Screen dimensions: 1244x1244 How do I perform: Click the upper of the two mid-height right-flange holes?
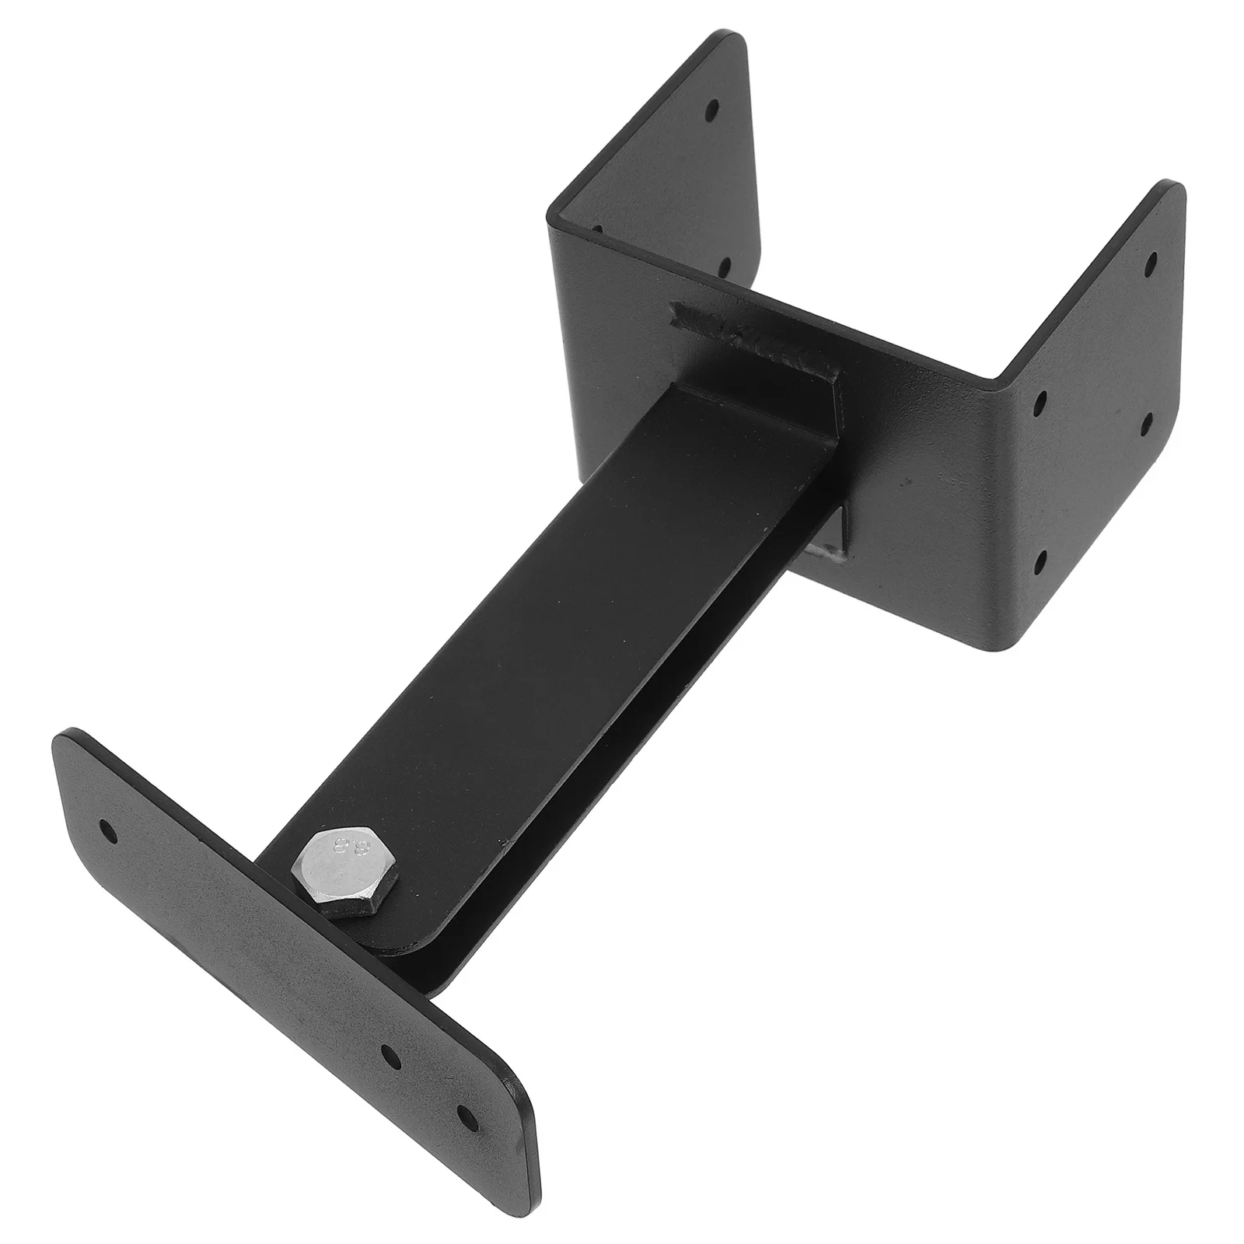1040,402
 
